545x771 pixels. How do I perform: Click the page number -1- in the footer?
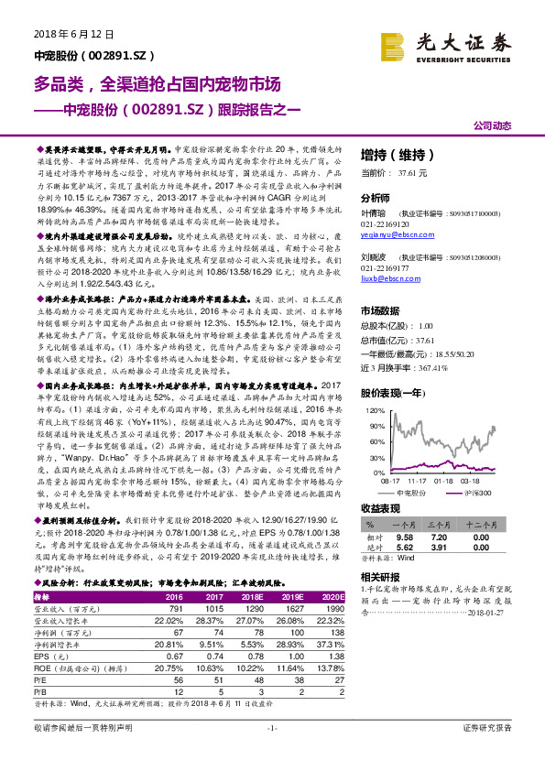coord(272,753)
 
